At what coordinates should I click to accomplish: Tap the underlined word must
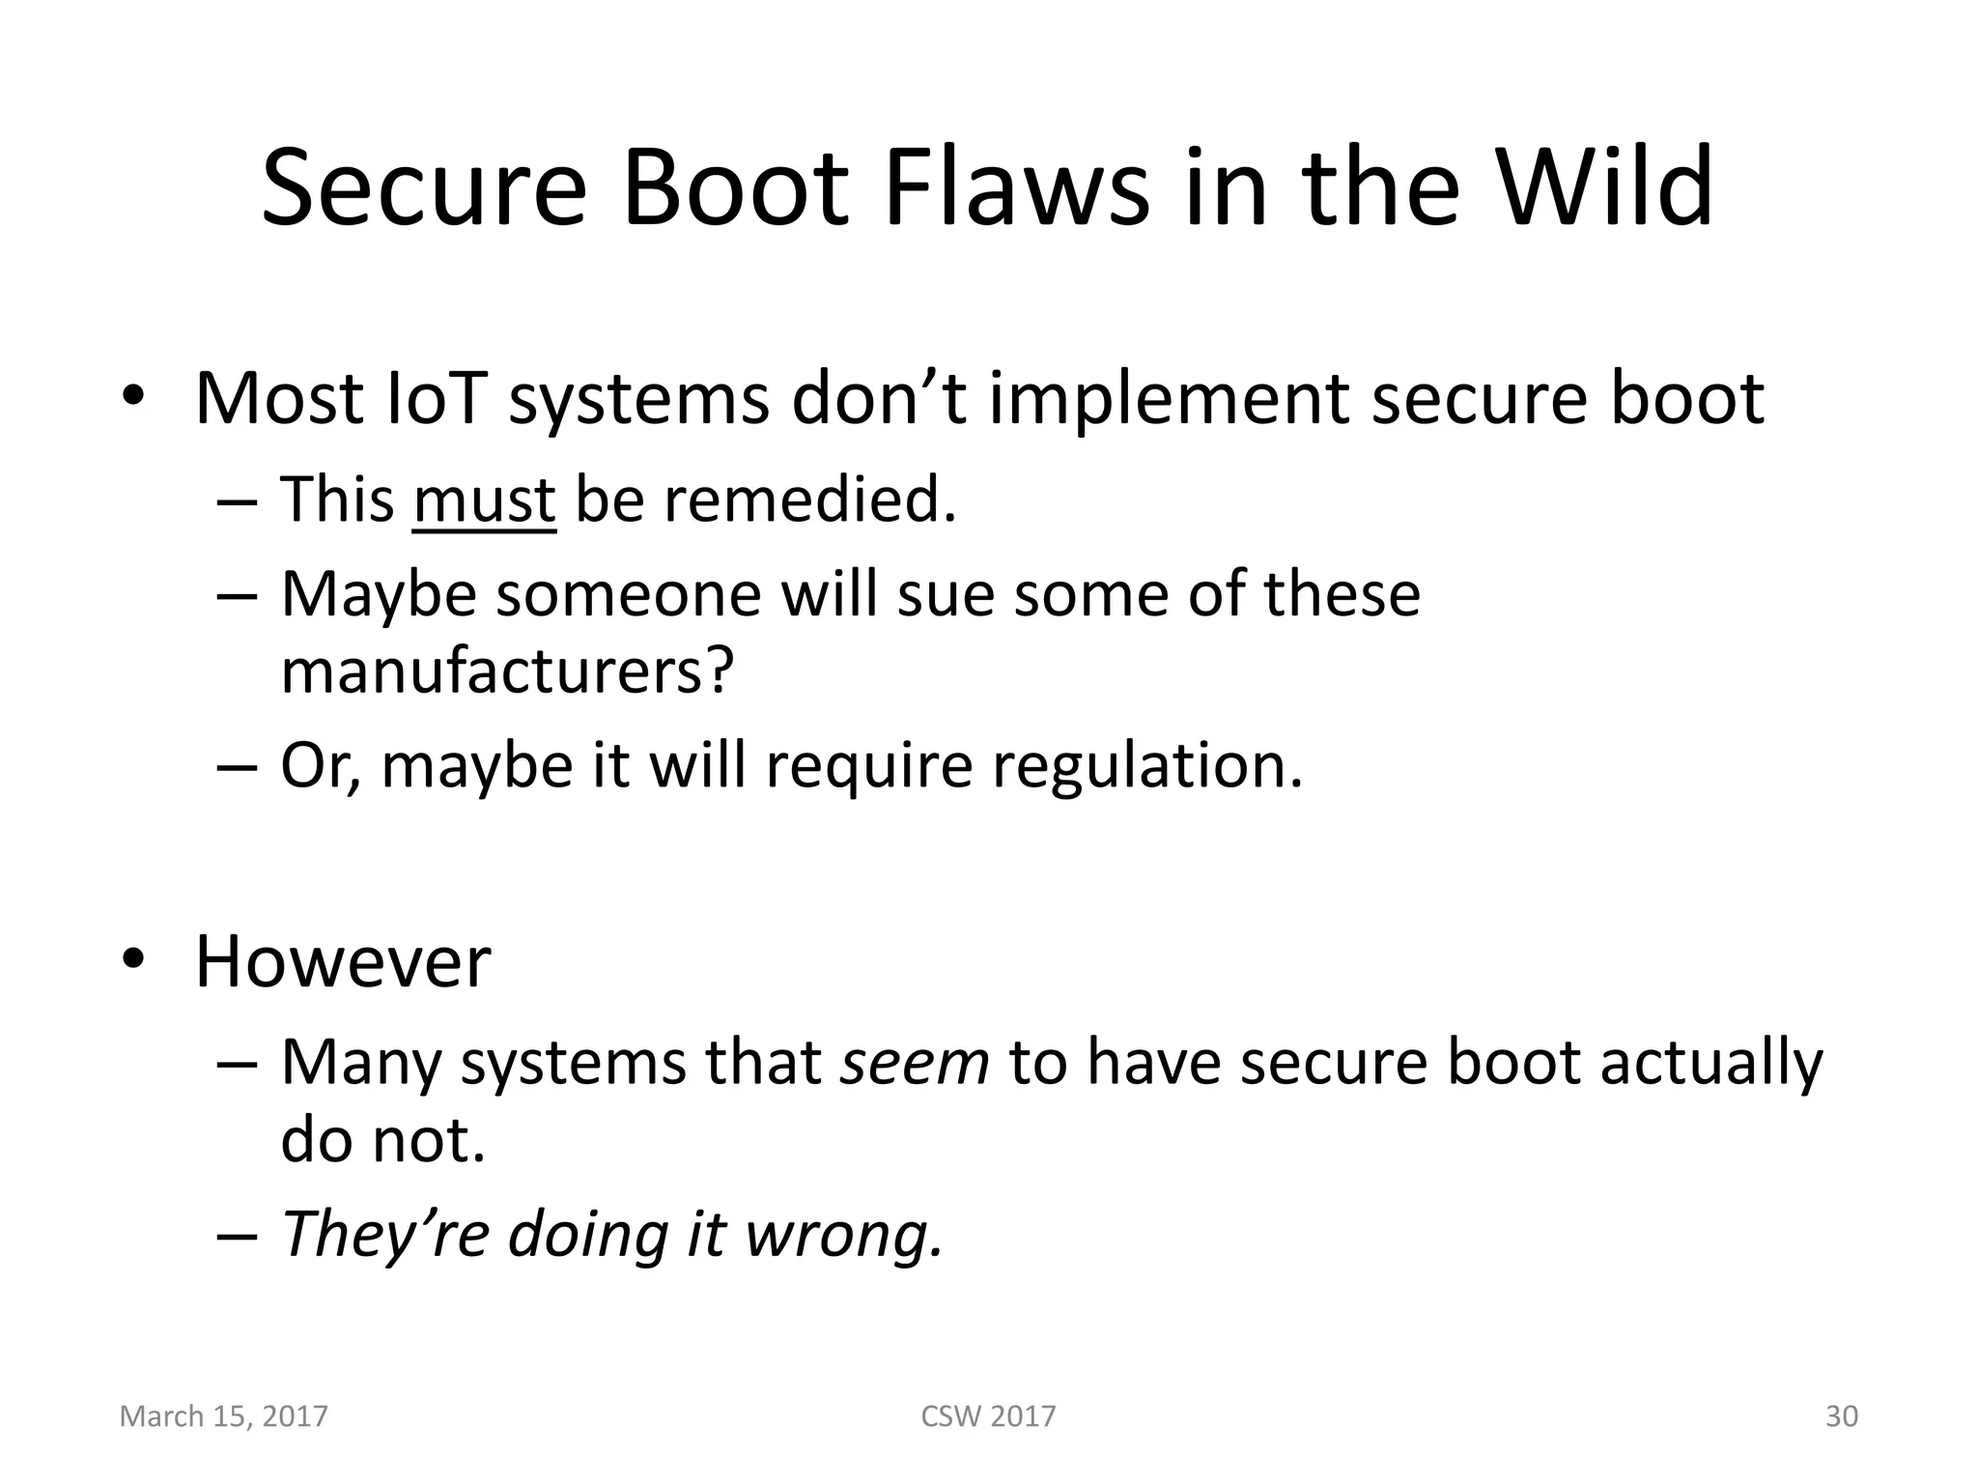click(484, 500)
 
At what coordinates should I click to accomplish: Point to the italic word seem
click(915, 1062)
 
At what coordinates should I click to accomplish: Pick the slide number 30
click(1841, 1416)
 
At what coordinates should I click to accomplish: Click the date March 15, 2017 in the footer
click(223, 1416)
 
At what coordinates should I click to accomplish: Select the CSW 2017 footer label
click(988, 1416)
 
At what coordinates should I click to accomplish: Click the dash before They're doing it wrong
click(238, 1238)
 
